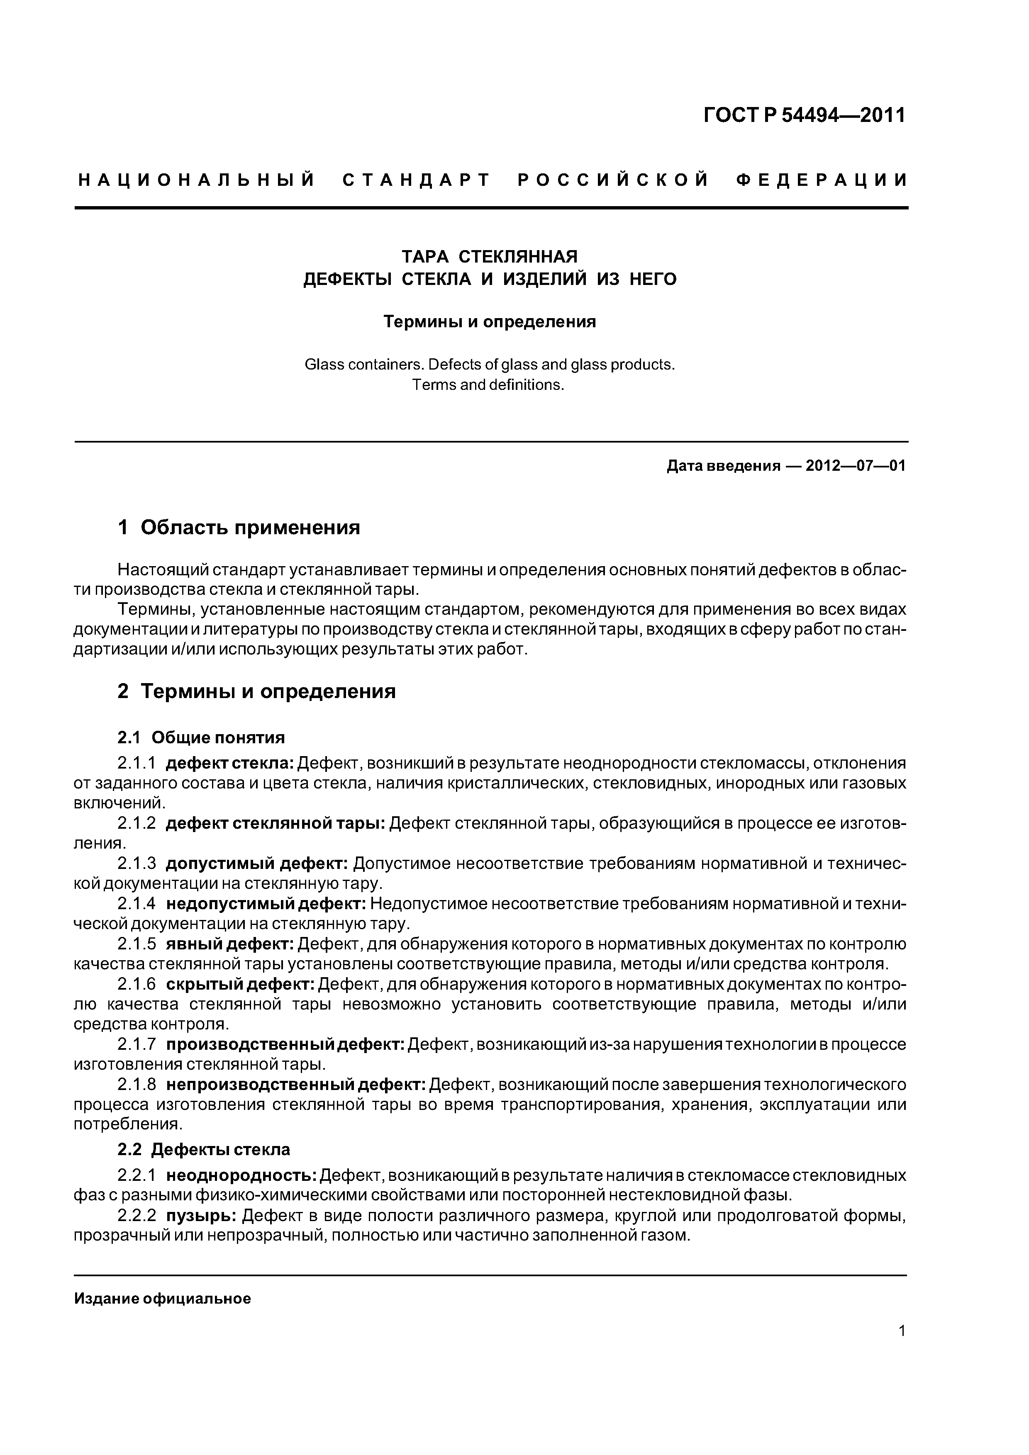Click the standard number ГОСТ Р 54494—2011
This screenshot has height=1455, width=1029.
(x=805, y=115)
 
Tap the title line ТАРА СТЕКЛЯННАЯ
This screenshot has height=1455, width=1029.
(x=490, y=257)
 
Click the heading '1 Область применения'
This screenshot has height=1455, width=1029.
(x=239, y=527)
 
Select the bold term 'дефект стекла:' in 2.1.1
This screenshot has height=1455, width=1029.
(x=229, y=763)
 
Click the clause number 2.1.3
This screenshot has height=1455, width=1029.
(x=137, y=864)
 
